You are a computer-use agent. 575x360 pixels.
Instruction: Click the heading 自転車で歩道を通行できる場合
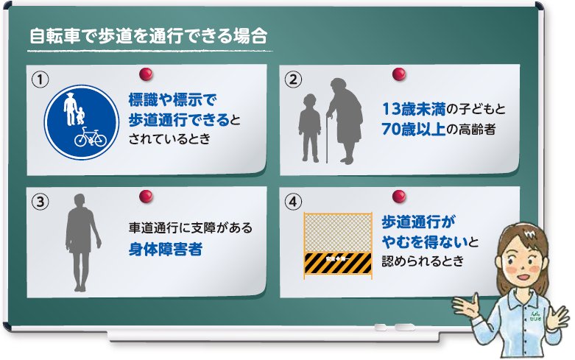tap(147, 36)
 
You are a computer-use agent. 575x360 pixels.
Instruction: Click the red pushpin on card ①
tap(147, 74)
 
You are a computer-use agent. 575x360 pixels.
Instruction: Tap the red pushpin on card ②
tap(399, 74)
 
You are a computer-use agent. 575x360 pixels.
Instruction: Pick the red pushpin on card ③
tap(147, 195)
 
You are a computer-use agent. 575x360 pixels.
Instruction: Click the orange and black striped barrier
tap(337, 262)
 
